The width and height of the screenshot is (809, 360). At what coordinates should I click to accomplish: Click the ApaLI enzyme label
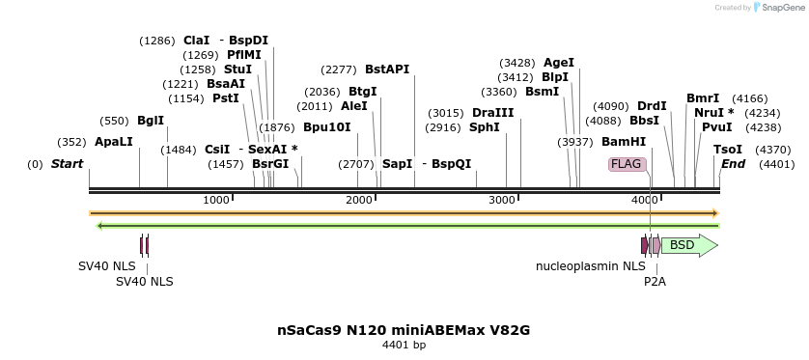(x=113, y=142)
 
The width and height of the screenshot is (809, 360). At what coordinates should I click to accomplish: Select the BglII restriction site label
(x=151, y=121)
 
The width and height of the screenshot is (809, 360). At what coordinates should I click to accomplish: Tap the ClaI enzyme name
(x=196, y=41)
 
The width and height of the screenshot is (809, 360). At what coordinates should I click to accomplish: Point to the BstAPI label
(x=387, y=69)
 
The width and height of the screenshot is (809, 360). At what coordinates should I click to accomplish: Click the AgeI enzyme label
(x=559, y=63)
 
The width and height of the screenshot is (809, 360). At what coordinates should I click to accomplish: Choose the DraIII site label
(x=493, y=113)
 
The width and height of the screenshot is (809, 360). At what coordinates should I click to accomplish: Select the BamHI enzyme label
(x=624, y=142)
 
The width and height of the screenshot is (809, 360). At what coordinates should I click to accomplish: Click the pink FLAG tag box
(x=626, y=164)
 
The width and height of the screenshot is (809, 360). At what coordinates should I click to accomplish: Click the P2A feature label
(x=656, y=282)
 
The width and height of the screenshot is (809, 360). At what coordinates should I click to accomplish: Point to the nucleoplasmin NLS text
(x=591, y=265)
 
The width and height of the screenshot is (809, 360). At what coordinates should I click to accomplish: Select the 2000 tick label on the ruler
(x=359, y=200)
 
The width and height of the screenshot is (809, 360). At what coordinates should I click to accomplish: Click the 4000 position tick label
(x=645, y=200)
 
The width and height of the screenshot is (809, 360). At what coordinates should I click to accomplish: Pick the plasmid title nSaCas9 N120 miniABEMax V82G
(x=404, y=330)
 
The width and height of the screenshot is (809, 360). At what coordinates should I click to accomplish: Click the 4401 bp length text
(x=404, y=345)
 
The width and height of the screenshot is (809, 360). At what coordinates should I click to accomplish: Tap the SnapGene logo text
(x=783, y=8)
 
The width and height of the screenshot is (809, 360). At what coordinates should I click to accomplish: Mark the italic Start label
(x=67, y=164)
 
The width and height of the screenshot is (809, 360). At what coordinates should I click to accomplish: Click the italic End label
(x=733, y=164)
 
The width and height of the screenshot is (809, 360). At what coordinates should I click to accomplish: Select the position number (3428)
(x=516, y=63)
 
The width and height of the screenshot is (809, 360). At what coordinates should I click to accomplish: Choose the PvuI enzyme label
(x=716, y=127)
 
